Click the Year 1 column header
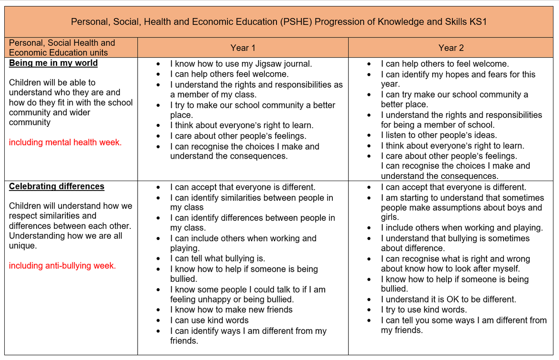pos(243,48)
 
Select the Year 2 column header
pos(451,48)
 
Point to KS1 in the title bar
pos(478,22)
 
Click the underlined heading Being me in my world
pos(53,63)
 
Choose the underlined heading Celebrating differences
pos(57,186)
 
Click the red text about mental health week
pos(65,142)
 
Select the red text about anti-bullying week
pos(62,266)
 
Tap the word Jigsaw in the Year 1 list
pos(257,64)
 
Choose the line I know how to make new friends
pos(231,310)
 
